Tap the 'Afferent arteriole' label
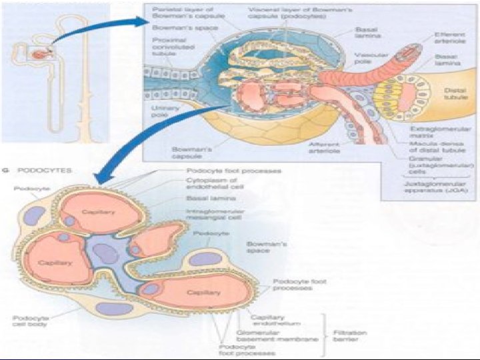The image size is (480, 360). (x=324, y=147)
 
